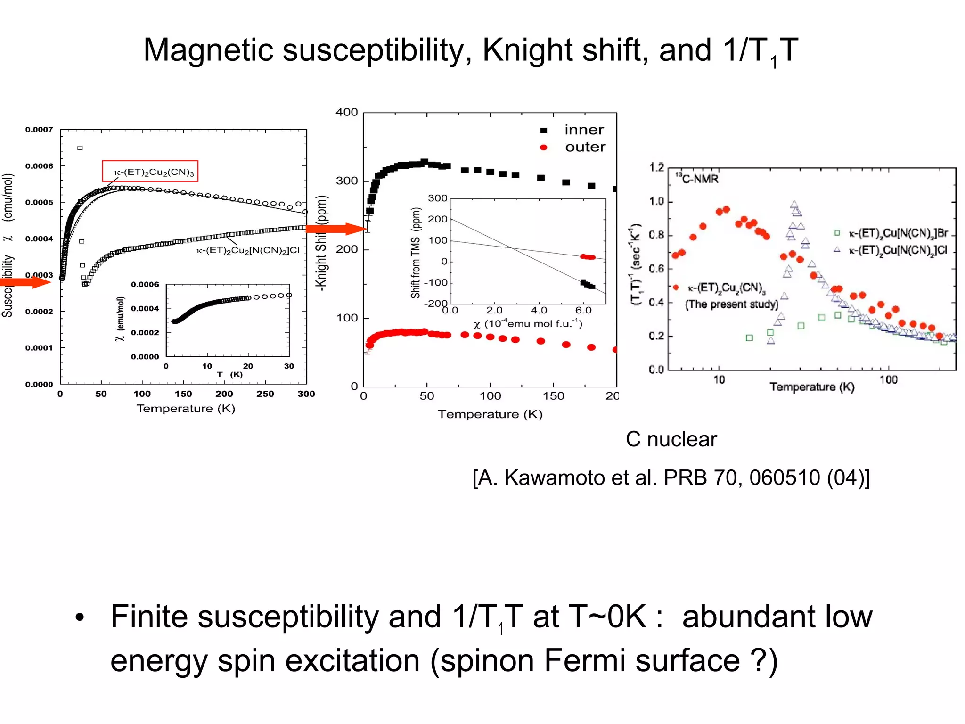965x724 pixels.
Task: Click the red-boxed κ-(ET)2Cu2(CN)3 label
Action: point(150,172)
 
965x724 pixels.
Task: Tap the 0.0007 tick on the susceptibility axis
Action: point(39,130)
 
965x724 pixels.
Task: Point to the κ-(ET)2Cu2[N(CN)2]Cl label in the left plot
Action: point(248,250)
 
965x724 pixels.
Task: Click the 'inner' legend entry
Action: point(584,130)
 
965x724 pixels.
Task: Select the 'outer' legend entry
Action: point(585,147)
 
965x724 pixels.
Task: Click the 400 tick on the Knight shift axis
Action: point(347,112)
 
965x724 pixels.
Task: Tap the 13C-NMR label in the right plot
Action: point(697,179)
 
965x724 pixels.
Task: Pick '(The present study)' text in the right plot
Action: point(731,304)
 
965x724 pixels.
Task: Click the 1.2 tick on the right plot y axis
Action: point(656,167)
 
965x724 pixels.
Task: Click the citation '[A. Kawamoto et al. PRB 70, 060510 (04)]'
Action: point(671,478)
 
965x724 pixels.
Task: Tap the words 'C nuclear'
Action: point(671,439)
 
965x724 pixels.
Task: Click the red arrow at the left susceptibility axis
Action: point(26,282)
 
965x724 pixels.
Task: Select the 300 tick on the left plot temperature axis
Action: point(306,394)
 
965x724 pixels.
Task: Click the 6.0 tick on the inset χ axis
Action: point(583,310)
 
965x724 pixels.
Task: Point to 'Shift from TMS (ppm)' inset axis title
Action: point(415,253)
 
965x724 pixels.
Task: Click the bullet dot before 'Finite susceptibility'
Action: point(80,617)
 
